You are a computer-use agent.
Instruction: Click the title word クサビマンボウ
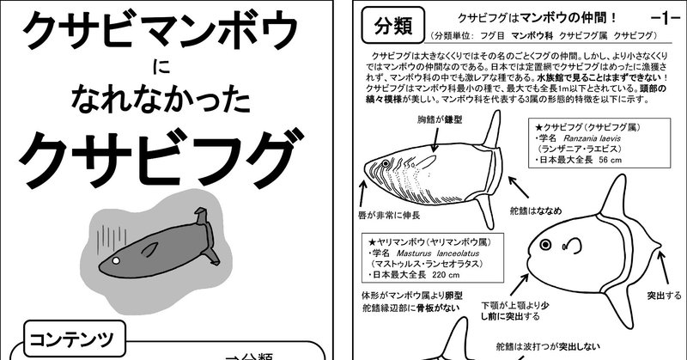tap(160, 34)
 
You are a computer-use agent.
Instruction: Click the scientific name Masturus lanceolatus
tap(418, 255)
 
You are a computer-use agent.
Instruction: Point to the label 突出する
tap(662, 296)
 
